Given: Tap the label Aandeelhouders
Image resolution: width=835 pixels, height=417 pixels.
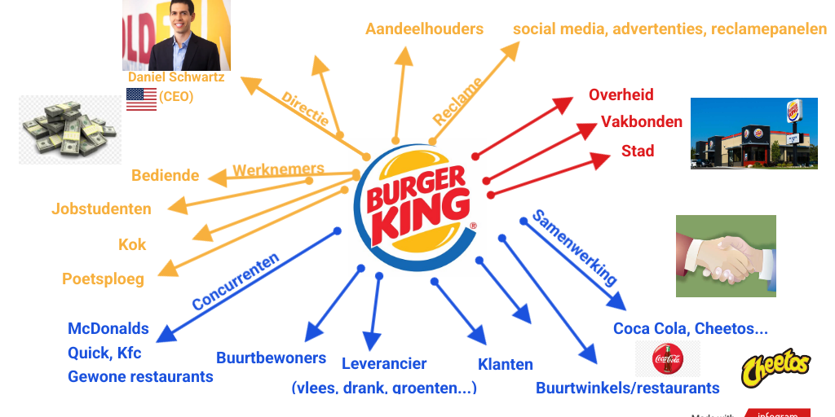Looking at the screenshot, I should [x=424, y=29].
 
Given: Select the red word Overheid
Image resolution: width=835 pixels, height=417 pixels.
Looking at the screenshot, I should [x=621, y=94].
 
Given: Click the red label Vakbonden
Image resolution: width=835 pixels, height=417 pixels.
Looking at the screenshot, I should [x=642, y=121].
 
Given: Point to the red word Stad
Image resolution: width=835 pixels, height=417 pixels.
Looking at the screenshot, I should [x=638, y=151].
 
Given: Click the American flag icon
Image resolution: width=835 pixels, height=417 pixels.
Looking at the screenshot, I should [x=141, y=99].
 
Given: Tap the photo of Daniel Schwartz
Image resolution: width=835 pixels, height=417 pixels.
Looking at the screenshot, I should [x=176, y=35].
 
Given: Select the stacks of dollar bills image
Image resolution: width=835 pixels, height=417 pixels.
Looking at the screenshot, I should [x=70, y=129].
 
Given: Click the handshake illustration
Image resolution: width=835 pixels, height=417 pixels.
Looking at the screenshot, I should [x=726, y=256].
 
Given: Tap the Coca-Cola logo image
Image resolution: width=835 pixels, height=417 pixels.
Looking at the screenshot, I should [x=667, y=358].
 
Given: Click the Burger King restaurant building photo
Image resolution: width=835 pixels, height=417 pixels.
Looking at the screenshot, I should [x=753, y=133].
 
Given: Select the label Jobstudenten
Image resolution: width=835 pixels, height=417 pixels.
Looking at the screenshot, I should [x=101, y=208].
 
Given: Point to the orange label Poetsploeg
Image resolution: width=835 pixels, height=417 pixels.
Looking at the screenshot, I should [x=103, y=279].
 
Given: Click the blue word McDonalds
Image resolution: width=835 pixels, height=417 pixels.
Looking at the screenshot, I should [x=108, y=329].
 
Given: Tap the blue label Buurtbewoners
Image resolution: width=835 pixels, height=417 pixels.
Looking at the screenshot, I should [x=271, y=358].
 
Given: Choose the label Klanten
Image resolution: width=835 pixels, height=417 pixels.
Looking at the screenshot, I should [x=506, y=364].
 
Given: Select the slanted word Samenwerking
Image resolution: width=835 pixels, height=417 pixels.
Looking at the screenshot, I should [x=574, y=247].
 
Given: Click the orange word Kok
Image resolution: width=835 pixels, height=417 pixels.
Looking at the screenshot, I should [x=132, y=244].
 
